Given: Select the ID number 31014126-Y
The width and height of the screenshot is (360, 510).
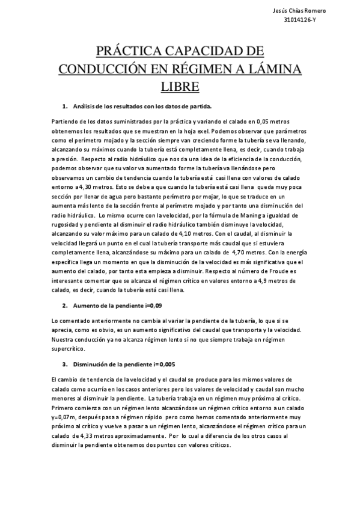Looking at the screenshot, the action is click(x=323, y=19).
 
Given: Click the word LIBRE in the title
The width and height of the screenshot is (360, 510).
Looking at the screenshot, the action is click(x=180, y=87).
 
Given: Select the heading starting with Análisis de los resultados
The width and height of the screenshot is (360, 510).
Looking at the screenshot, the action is click(x=142, y=106).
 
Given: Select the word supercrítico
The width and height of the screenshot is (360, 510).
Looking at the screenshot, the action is click(x=69, y=348).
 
